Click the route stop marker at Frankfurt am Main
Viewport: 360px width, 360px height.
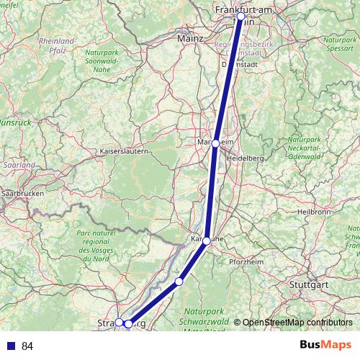point(240,15)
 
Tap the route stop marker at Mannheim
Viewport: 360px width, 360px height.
point(215,143)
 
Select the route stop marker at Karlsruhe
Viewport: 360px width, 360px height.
point(207,240)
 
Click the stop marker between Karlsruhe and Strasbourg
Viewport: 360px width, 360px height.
point(179,281)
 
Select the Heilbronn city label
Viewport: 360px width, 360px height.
point(313,212)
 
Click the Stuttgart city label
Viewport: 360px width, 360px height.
point(308,284)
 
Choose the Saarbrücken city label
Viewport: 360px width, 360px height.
point(22,194)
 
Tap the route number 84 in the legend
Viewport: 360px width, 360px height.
point(27,346)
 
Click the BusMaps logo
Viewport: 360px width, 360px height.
point(325,346)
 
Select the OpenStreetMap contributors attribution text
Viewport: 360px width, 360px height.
point(292,323)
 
